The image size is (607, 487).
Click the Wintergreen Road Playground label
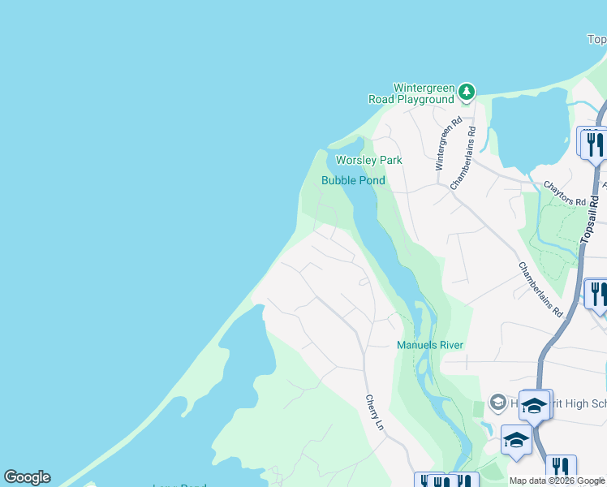423,93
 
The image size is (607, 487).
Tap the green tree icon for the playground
467,92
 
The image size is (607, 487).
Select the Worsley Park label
369,160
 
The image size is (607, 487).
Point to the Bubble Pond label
353,180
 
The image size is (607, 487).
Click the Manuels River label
430,345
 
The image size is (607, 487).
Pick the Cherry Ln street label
374,412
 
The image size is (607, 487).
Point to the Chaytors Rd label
565,194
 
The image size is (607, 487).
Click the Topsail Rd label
592,216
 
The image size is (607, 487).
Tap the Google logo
27,477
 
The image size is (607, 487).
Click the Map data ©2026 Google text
557,481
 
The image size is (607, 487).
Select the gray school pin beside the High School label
498,403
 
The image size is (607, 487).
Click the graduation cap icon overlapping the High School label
534,405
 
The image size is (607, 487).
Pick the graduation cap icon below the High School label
515,440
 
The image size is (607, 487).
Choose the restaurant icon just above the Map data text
561,468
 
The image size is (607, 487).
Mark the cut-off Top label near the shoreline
596,39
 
